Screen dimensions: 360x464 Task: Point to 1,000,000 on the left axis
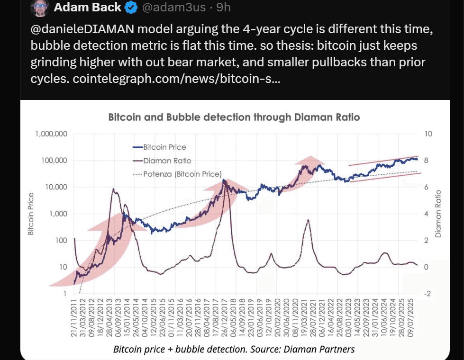click(x=51, y=134)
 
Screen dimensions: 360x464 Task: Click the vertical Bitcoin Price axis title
click(x=31, y=214)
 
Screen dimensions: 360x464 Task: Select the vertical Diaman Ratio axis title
click(x=438, y=214)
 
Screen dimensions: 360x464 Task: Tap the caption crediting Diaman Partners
click(x=234, y=350)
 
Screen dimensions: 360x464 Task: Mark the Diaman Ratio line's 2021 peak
click(x=308, y=220)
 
